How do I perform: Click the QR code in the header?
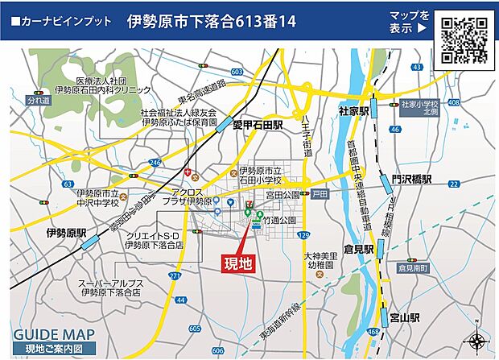(x=465, y=40)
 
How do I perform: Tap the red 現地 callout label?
(x=237, y=263)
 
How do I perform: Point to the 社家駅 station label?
(x=353, y=110)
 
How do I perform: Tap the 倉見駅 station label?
(x=357, y=250)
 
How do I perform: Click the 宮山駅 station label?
(x=404, y=317)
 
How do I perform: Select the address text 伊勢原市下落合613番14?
(x=212, y=22)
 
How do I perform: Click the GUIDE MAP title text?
(x=54, y=334)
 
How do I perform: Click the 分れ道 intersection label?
(x=38, y=101)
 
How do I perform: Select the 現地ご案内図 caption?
(x=54, y=349)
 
